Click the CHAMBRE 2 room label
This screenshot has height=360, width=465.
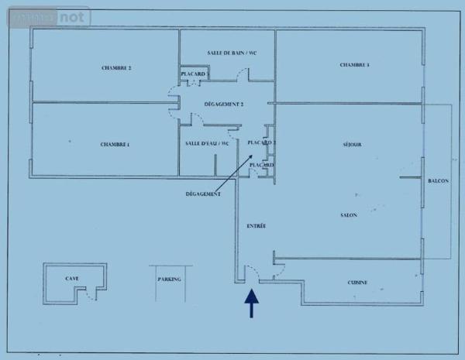[x=116, y=68]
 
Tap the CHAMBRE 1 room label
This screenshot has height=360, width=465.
[x=115, y=145]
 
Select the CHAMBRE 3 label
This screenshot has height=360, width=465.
[x=354, y=64]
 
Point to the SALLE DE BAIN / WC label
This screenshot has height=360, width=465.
[x=227, y=53]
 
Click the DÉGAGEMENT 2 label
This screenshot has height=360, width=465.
[x=224, y=104]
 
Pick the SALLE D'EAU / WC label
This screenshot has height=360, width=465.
[x=208, y=144]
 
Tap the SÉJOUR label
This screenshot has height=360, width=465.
[x=353, y=145]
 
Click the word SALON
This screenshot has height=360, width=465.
[x=348, y=214]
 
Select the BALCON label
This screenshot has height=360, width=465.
[x=438, y=181]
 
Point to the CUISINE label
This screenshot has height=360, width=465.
[x=357, y=283]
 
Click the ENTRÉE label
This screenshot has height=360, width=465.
[x=257, y=226]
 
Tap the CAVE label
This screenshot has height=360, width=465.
[x=72, y=278]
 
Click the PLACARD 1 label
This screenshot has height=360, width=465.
[x=194, y=74]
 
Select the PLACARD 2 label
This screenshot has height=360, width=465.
[x=261, y=143]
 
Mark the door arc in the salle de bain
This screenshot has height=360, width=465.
[x=243, y=74]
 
